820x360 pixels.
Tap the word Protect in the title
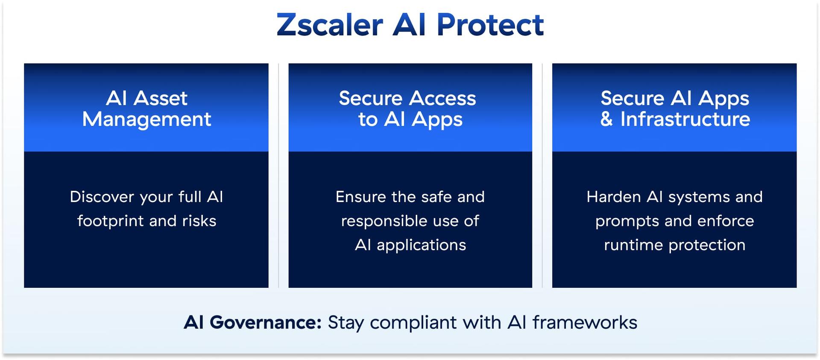[x=490, y=25]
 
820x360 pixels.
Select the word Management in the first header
[x=146, y=119]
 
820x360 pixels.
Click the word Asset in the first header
[x=161, y=98]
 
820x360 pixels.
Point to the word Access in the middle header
[x=443, y=98]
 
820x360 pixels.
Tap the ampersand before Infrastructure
[x=606, y=119]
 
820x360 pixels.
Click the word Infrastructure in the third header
[x=685, y=119]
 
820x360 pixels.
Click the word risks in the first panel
[x=199, y=221]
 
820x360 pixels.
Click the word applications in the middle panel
[x=421, y=245]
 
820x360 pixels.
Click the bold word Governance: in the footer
[x=265, y=322]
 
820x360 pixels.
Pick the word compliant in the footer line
[x=413, y=323]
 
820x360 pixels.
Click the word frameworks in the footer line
[x=585, y=322]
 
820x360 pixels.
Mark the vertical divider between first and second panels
[x=278, y=175]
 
